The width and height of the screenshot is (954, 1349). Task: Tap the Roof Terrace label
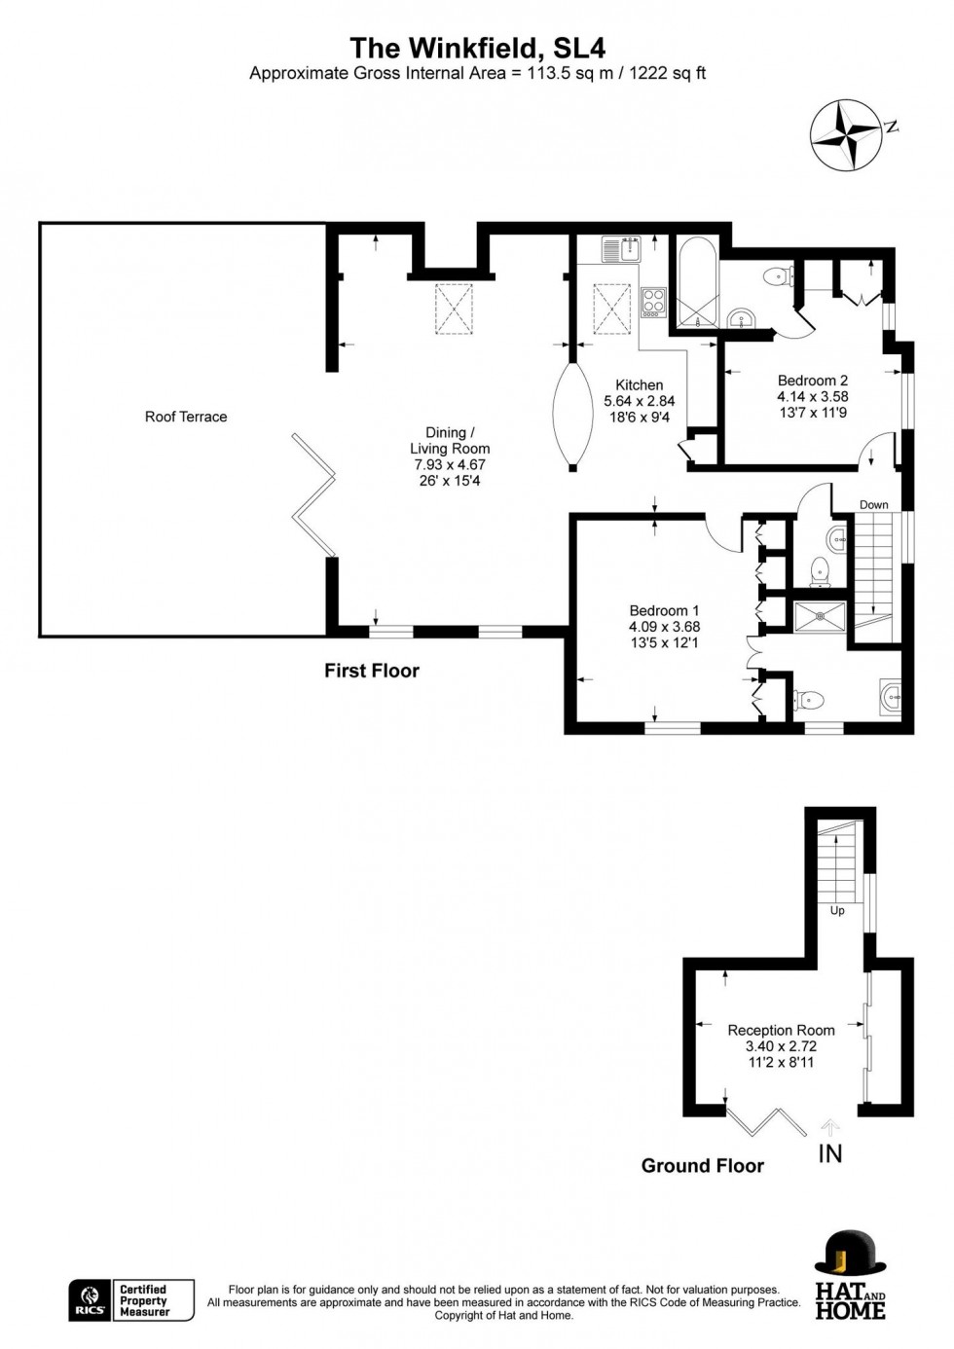[x=186, y=417]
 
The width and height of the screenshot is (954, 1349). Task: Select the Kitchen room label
[x=639, y=384]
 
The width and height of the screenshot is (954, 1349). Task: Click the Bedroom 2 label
[x=813, y=381]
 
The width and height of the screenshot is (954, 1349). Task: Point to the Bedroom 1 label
[x=665, y=610]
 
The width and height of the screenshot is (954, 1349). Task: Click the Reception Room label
[x=781, y=1031]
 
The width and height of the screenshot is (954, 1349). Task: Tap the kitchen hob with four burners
[x=653, y=302]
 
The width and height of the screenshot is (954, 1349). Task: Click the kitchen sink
[x=622, y=248]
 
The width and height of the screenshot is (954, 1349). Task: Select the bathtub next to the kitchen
[x=698, y=282]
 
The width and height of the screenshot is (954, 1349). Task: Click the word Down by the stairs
[x=873, y=505]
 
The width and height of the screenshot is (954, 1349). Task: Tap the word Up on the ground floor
[x=837, y=928]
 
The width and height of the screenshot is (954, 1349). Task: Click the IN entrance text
[x=830, y=1153]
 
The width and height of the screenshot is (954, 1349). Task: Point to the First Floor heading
[x=372, y=671]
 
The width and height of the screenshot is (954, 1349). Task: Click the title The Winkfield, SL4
[x=478, y=49]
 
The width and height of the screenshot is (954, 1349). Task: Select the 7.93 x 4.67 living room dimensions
[x=450, y=464]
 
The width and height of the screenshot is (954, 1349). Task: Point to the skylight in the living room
[x=454, y=308]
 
